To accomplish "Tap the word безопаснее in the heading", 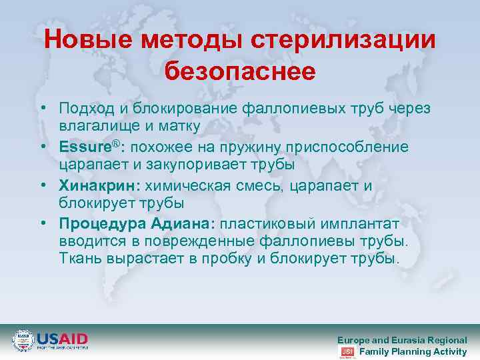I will tap(240, 71).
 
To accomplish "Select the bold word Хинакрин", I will tap(94, 184).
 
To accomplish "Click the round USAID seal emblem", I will tap(23, 341).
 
